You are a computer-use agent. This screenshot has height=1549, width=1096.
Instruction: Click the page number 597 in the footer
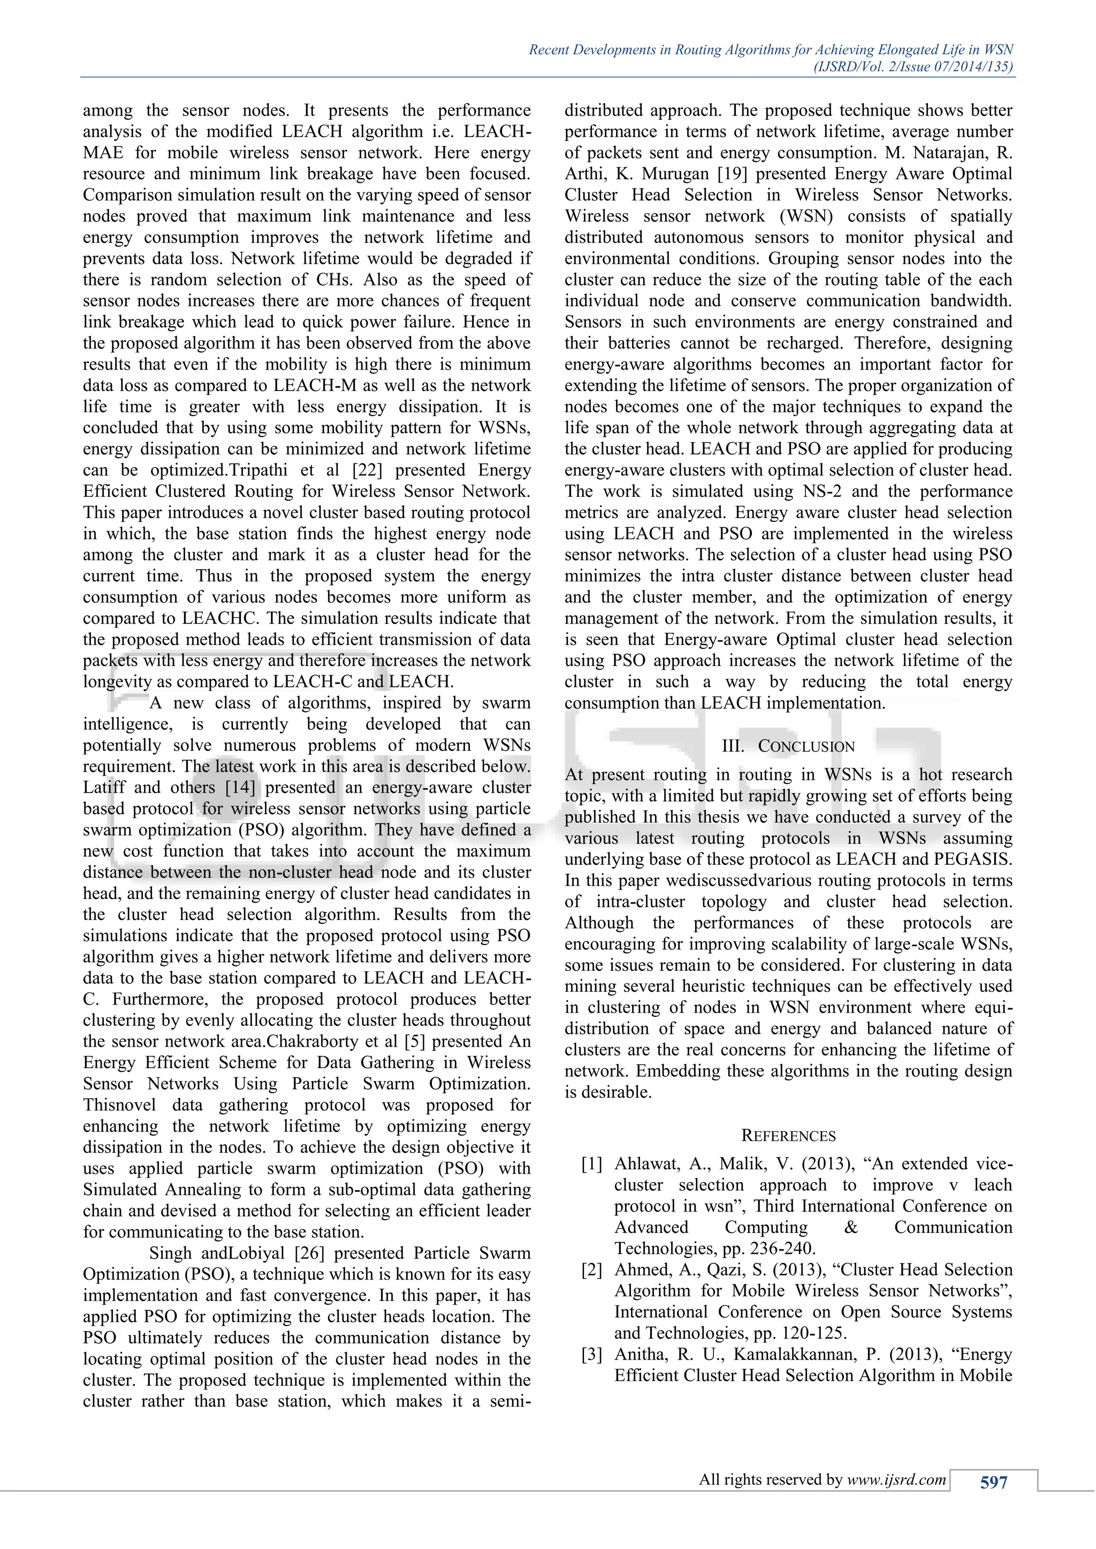(x=993, y=1482)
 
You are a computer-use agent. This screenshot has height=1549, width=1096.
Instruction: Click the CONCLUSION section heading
(x=806, y=746)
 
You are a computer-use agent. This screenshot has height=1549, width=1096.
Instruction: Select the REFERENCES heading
(x=788, y=1136)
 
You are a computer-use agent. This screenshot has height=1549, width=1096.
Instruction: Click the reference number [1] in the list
(x=592, y=1164)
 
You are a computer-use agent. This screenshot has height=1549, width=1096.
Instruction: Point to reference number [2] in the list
(x=592, y=1270)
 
